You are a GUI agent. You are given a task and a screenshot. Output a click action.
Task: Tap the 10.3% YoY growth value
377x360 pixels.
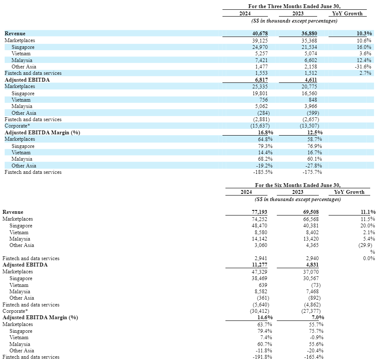tap(364, 33)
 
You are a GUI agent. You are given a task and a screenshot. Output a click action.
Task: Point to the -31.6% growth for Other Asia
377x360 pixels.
tap(363, 67)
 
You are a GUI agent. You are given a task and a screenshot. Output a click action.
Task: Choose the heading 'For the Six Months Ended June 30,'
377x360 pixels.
tap(298, 185)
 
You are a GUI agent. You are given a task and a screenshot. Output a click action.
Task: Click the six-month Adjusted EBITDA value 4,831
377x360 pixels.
tap(312, 265)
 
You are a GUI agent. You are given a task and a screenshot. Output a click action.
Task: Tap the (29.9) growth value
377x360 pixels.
tap(367, 245)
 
